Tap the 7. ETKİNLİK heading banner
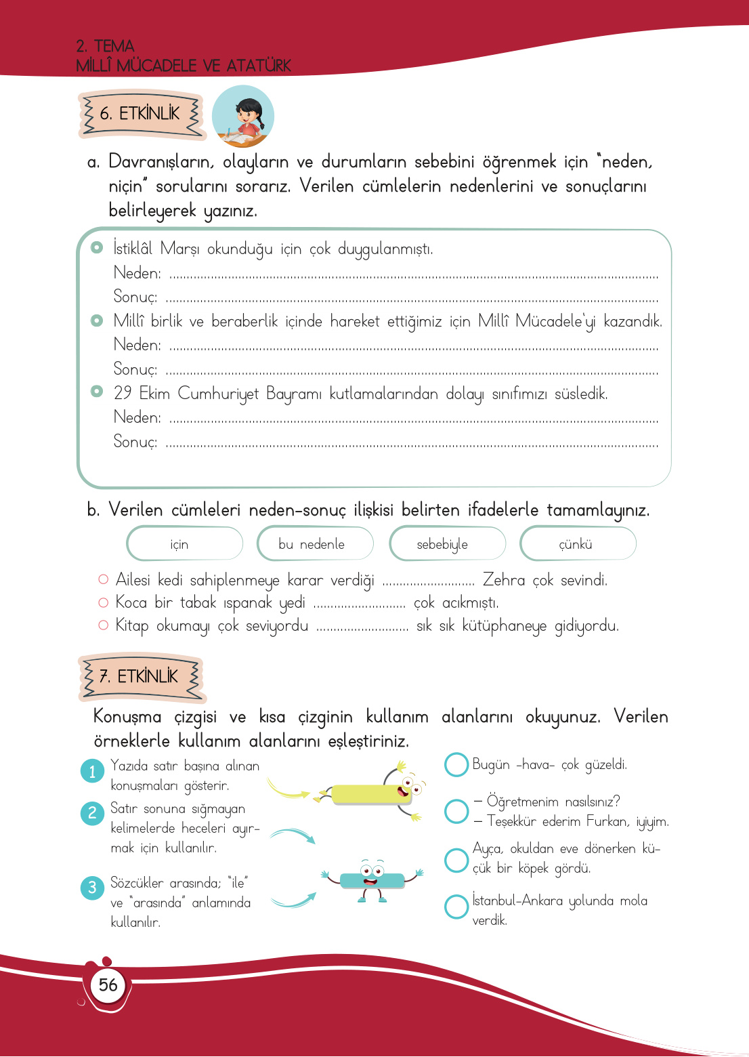(142, 677)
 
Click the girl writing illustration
(243, 116)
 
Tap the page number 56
(108, 985)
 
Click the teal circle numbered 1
(92, 772)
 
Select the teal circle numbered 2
(92, 812)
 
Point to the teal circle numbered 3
(92, 888)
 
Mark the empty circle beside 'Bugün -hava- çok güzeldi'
(456, 764)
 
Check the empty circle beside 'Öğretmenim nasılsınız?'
(456, 811)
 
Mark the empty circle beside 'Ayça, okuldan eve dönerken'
(456, 859)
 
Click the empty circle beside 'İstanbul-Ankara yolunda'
(456, 907)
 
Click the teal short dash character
(372, 879)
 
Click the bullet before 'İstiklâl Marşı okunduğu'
(97, 247)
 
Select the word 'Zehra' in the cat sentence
(503, 580)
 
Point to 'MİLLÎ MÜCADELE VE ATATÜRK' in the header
(183, 66)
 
